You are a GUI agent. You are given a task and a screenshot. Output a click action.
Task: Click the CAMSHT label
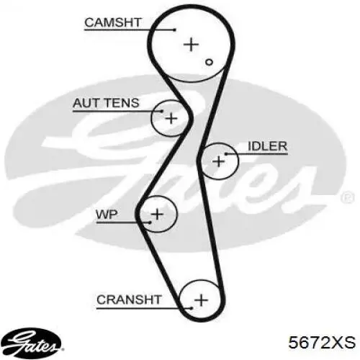click(113, 22)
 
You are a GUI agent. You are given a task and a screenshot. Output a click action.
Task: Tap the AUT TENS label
click(106, 103)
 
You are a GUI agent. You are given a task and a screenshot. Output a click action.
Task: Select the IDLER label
click(267, 146)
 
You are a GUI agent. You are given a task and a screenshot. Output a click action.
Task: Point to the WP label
click(107, 214)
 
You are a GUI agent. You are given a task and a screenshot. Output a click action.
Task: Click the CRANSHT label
click(129, 300)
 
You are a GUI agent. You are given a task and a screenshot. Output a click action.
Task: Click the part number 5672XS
click(322, 343)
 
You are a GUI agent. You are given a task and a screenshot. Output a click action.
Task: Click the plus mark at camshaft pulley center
click(191, 45)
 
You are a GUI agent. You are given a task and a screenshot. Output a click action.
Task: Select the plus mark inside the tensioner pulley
click(171, 118)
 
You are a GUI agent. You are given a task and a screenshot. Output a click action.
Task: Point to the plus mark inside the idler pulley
click(219, 161)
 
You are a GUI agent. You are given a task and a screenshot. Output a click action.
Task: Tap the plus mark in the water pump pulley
click(157, 214)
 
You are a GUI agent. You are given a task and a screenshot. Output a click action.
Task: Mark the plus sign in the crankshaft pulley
click(201, 300)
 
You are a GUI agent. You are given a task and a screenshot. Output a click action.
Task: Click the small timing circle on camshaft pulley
click(209, 62)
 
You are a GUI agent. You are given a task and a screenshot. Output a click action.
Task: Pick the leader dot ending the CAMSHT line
click(175, 30)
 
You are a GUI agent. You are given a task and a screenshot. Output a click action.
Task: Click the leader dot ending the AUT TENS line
click(162, 111)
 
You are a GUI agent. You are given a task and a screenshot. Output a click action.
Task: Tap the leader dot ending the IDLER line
click(226, 153)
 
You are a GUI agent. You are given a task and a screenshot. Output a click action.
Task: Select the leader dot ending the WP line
click(150, 222)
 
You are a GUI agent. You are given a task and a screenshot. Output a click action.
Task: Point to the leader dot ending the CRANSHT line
click(192, 308)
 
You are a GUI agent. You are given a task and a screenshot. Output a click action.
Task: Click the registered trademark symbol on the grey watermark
click(348, 198)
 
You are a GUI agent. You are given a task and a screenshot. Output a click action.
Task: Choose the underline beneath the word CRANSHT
click(144, 308)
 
